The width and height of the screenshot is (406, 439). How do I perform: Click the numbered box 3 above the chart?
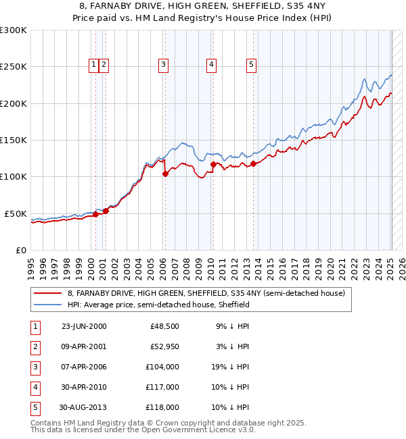click(164, 65)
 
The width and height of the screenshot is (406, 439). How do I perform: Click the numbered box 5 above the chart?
click(251, 65)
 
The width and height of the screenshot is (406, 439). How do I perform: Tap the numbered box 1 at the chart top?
click(93, 65)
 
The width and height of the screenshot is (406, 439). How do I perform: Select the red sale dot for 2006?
click(165, 174)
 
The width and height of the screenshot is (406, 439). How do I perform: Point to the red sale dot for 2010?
click(213, 164)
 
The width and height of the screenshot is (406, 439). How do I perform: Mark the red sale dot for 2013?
click(253, 163)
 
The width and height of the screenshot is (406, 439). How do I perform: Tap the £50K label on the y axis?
click(16, 213)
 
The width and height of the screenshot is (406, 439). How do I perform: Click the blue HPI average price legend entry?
click(158, 305)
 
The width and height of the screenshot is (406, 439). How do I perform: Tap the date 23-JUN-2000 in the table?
click(84, 326)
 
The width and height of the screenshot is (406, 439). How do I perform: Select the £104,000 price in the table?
click(162, 367)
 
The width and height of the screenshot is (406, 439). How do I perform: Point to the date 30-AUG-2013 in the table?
click(83, 408)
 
